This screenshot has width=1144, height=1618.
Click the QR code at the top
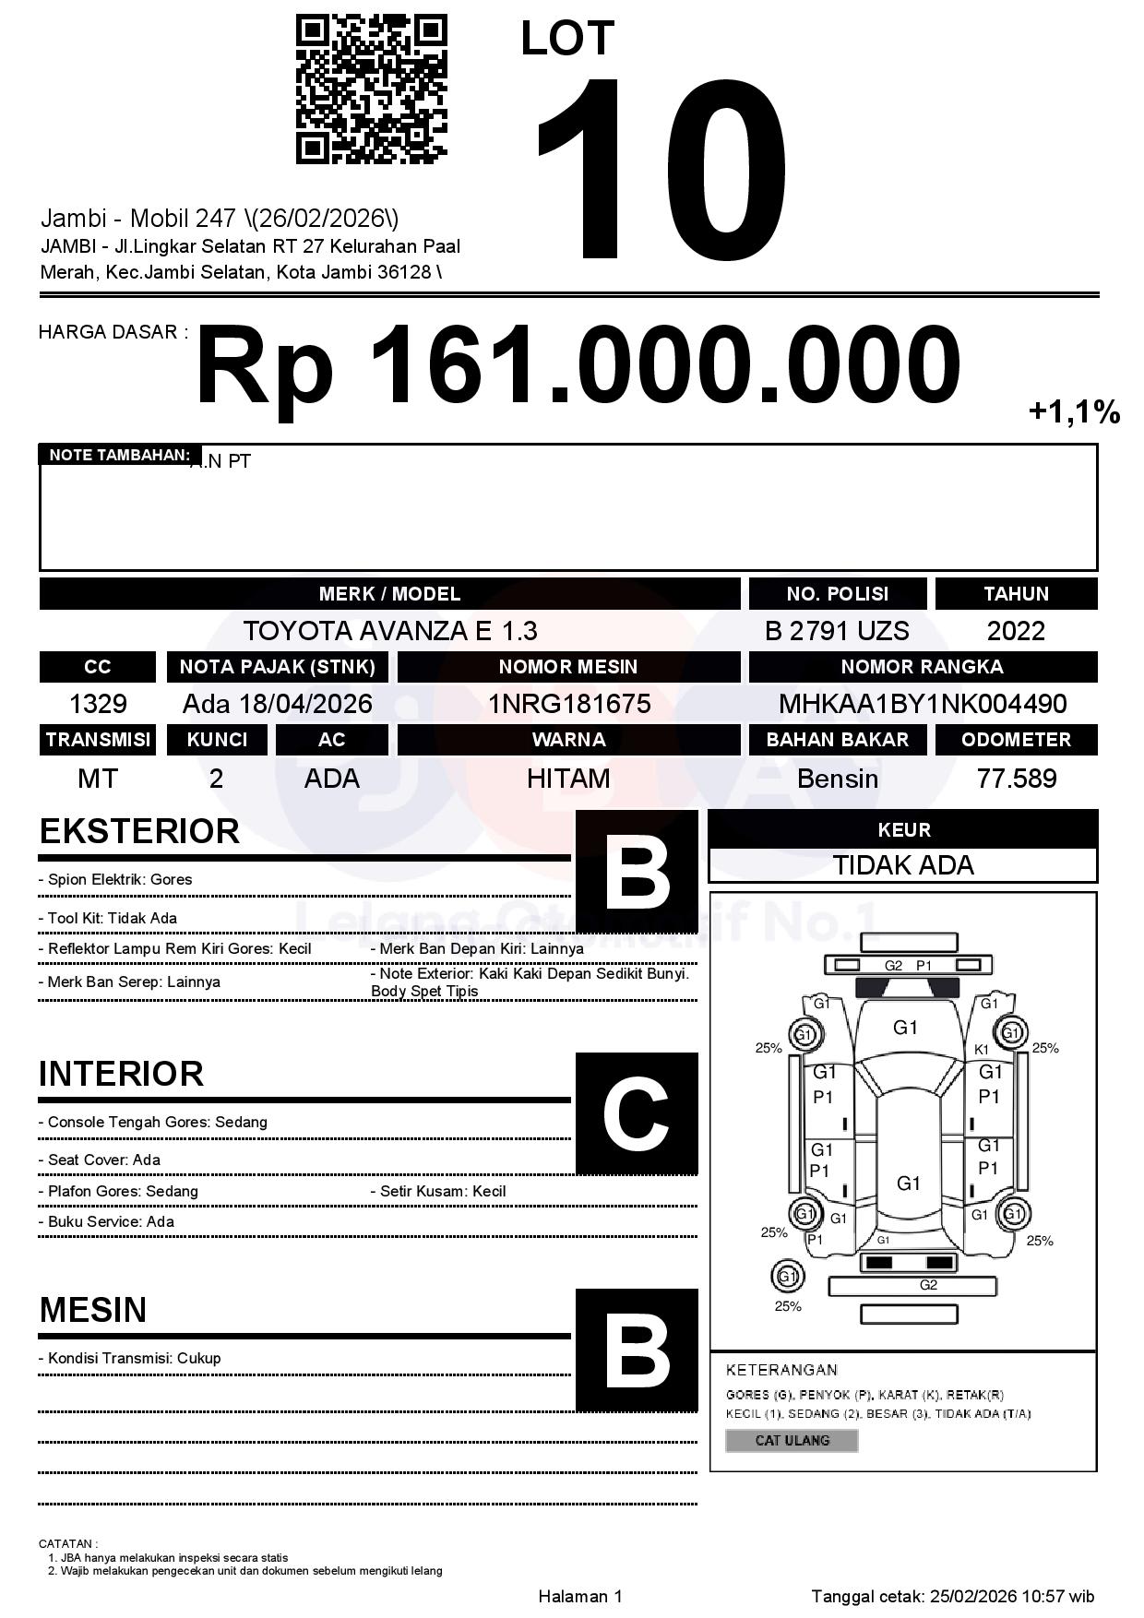(x=371, y=89)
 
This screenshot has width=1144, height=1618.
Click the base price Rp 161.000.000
(x=578, y=364)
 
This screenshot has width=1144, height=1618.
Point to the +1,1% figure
(x=1074, y=411)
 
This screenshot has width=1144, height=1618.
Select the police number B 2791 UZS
(x=837, y=631)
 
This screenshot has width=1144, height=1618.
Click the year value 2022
(x=1016, y=631)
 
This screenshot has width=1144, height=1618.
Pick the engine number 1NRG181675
(x=568, y=704)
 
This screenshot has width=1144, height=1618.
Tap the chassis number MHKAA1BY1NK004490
(x=923, y=704)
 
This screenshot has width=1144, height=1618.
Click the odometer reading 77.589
(x=1016, y=779)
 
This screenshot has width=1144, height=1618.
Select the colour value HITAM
(x=568, y=779)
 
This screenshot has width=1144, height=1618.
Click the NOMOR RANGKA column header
(x=923, y=667)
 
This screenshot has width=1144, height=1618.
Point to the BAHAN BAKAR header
(x=837, y=740)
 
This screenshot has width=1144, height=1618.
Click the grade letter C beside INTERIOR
(x=637, y=1113)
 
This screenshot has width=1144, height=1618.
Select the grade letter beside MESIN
(x=637, y=1350)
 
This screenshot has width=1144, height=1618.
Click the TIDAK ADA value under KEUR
(x=903, y=865)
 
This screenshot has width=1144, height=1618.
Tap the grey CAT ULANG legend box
(x=792, y=1440)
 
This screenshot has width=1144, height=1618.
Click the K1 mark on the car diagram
(x=982, y=1050)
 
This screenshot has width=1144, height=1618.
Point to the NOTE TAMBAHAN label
(x=120, y=455)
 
